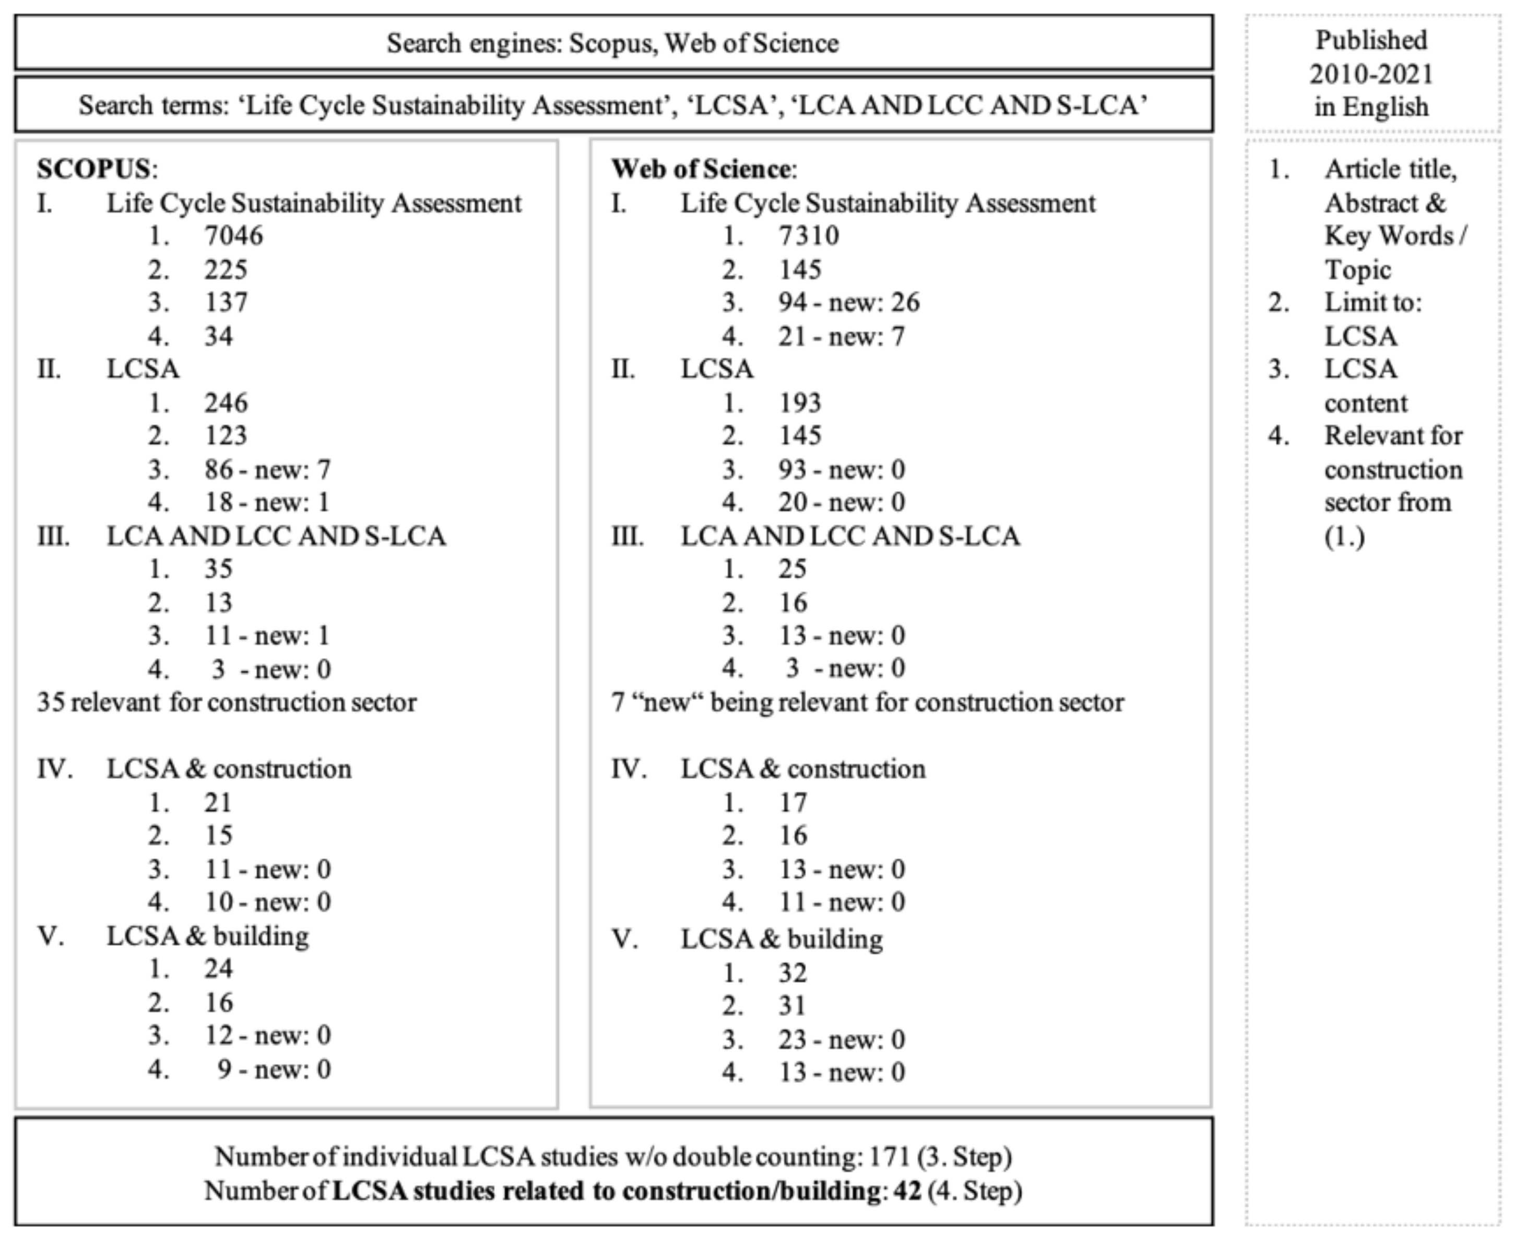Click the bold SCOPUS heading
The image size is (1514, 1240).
point(93,169)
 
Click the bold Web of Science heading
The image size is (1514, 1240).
point(700,169)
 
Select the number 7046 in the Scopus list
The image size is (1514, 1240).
point(234,236)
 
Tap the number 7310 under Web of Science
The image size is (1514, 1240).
point(809,236)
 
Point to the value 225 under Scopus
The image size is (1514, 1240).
point(226,270)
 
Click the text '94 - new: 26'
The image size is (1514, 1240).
point(849,302)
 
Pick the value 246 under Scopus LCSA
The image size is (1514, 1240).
point(226,403)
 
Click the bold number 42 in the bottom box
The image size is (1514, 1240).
point(907,1191)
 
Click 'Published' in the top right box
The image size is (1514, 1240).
point(1371,41)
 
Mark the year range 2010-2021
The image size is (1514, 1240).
point(1371,74)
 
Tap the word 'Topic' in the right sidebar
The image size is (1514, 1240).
point(1357,270)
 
